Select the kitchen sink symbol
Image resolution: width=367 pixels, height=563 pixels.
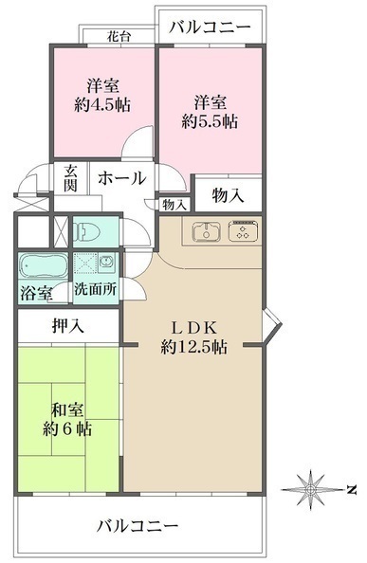206,230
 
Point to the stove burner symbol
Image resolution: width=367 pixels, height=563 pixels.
241,230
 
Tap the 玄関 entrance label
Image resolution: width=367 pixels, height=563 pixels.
70,177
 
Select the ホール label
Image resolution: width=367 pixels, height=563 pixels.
121,177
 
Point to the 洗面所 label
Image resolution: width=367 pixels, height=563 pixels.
96,291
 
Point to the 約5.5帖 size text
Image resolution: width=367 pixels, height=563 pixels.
210,120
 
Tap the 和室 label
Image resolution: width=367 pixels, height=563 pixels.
65,409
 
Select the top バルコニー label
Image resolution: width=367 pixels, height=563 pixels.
211,27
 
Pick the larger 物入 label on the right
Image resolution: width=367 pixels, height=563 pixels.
228,195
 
